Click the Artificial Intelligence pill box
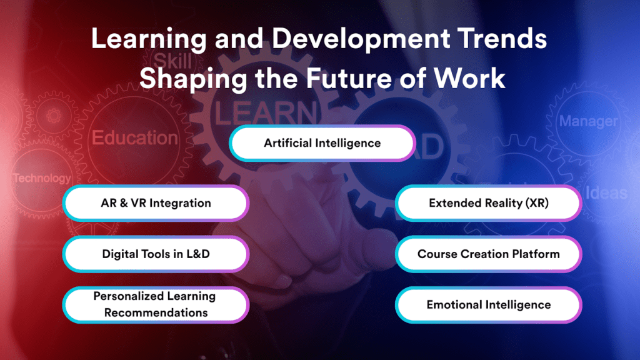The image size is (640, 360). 322,143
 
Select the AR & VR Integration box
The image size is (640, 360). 156,203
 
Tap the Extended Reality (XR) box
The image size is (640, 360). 488,203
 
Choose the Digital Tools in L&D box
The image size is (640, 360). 156,254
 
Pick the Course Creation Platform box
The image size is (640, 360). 488,254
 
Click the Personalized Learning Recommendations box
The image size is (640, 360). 156,304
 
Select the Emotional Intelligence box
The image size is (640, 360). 488,305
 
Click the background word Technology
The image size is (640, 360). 42,178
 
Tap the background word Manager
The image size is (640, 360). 588,121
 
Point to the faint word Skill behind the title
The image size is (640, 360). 172,61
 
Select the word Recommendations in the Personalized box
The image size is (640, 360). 156,312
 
